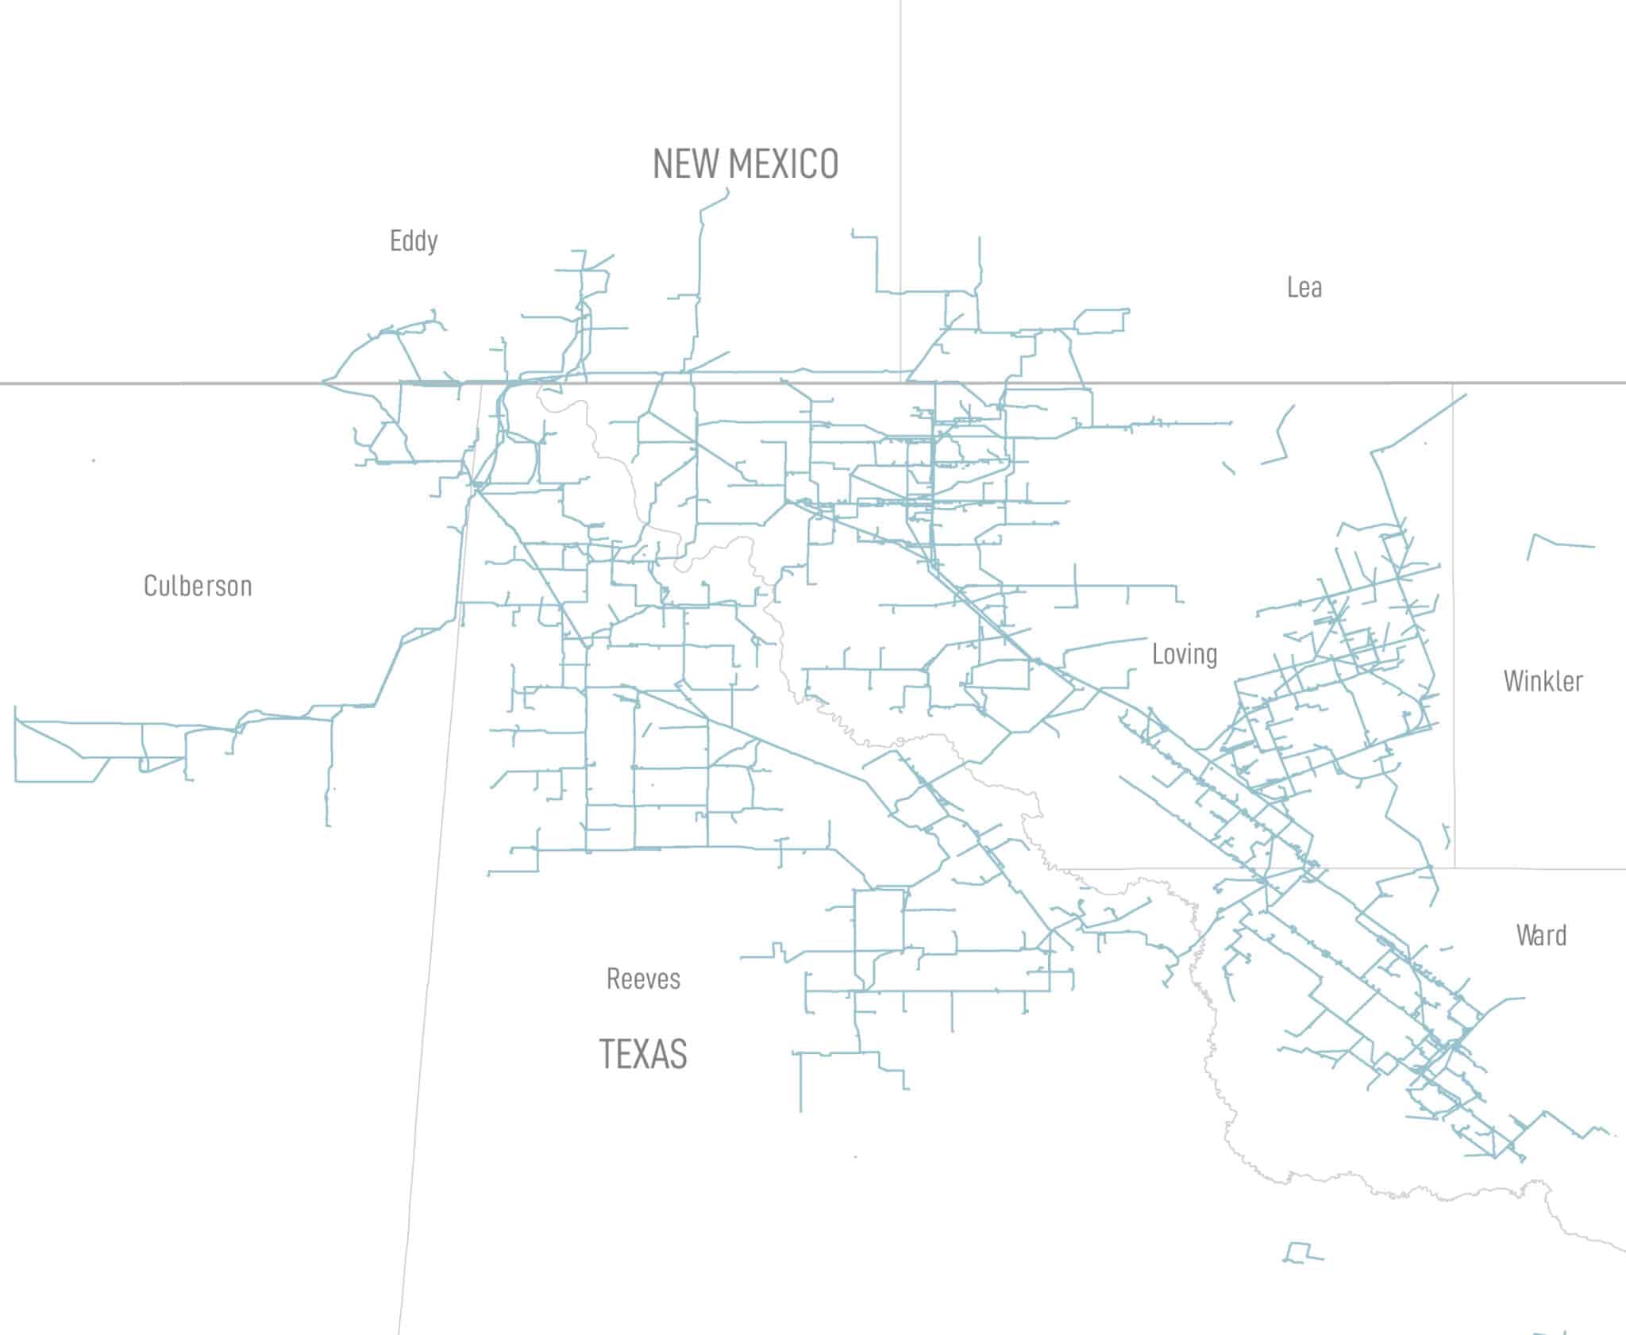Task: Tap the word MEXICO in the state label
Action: tap(784, 164)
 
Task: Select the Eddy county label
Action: tap(414, 240)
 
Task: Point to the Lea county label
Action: tap(1304, 287)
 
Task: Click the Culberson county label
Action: tap(198, 586)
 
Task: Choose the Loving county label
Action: tap(1185, 654)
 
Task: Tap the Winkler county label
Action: tap(1543, 681)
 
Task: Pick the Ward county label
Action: tap(1541, 935)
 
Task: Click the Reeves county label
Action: tap(643, 979)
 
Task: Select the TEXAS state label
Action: tap(643, 1054)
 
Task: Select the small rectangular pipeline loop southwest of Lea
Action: tap(1102, 320)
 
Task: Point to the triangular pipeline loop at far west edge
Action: tap(56, 751)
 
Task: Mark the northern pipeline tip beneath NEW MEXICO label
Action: tap(727, 190)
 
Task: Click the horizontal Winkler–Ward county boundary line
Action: tap(1540, 868)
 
